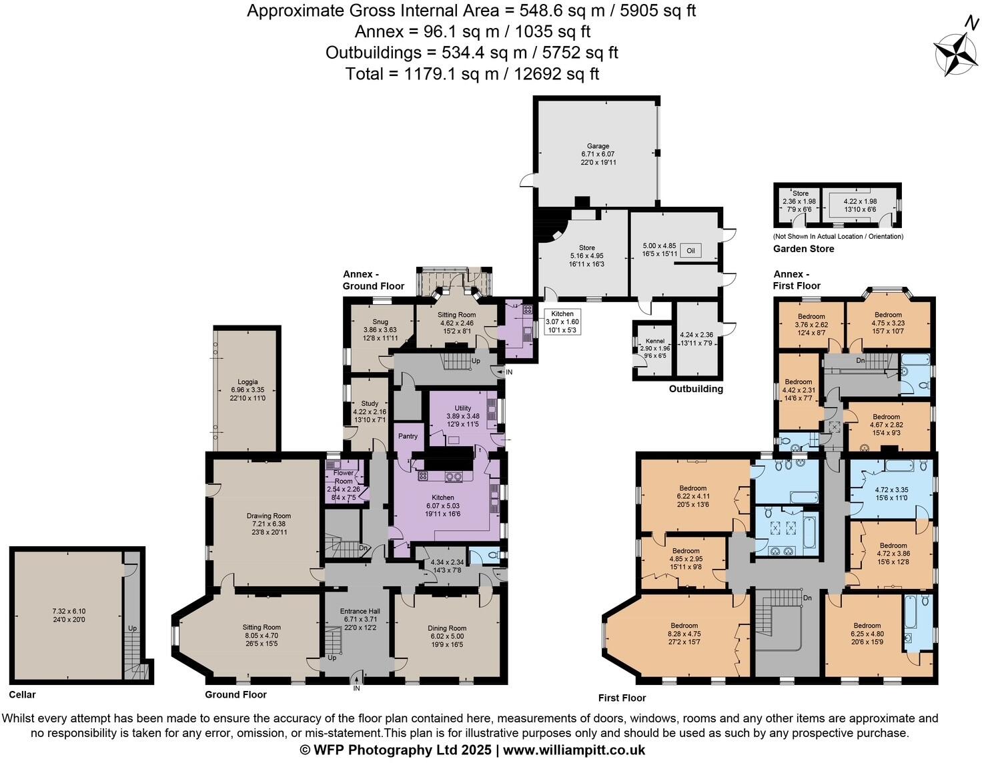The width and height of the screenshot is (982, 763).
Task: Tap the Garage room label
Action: (598, 146)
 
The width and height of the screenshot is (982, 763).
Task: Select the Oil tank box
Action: (691, 251)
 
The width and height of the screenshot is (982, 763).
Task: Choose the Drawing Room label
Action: (268, 516)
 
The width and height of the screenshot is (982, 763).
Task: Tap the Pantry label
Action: (408, 436)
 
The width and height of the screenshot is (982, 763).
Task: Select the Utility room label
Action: (462, 408)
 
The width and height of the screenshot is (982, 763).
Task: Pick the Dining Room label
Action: (446, 628)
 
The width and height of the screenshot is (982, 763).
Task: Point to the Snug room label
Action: (380, 321)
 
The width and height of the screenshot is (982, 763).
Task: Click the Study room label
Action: (370, 404)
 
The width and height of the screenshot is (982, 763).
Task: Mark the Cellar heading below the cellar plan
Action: (23, 694)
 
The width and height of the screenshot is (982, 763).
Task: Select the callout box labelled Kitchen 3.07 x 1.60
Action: (562, 321)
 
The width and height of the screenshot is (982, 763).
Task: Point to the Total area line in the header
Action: (472, 73)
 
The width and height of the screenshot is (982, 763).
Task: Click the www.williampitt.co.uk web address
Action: (574, 750)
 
